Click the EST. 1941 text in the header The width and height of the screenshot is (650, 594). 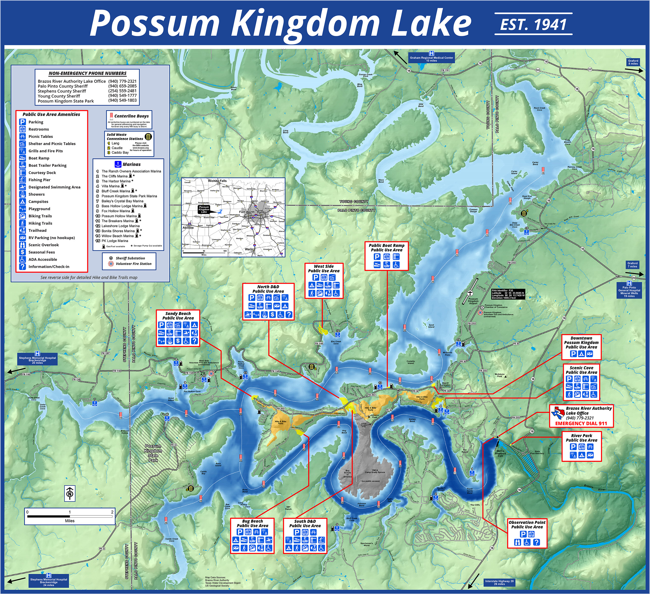click(x=533, y=25)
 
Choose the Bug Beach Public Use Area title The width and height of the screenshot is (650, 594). click(x=252, y=523)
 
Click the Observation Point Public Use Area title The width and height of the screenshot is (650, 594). click(x=527, y=525)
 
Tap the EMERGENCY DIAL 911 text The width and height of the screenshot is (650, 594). click(x=581, y=423)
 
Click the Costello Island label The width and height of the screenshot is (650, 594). click(x=410, y=362)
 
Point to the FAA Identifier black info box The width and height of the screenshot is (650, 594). click(x=508, y=294)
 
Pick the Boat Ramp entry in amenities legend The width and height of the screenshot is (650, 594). click(x=39, y=158)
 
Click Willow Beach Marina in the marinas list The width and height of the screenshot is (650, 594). click(x=117, y=236)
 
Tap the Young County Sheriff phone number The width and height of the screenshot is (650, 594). click(x=123, y=96)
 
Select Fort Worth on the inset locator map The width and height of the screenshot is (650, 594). click(x=247, y=212)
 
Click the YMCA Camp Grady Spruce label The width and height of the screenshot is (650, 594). click(x=375, y=471)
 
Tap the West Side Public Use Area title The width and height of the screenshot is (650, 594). click(x=324, y=269)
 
